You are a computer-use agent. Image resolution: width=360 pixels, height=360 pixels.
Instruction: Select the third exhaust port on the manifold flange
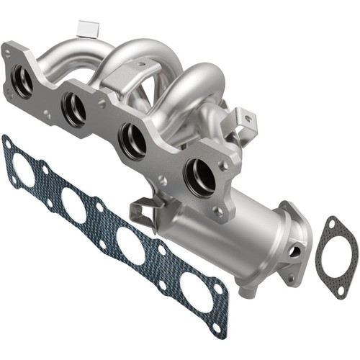tap(132, 140)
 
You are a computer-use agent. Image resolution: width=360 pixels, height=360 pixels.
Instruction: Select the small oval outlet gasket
tap(337, 256)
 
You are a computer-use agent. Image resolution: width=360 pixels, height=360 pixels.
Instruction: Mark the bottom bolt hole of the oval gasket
tap(341, 291)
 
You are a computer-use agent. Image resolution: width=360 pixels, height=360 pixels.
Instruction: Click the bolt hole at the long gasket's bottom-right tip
tap(217, 328)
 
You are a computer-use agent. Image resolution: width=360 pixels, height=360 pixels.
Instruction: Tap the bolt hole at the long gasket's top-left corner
tap(9, 144)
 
